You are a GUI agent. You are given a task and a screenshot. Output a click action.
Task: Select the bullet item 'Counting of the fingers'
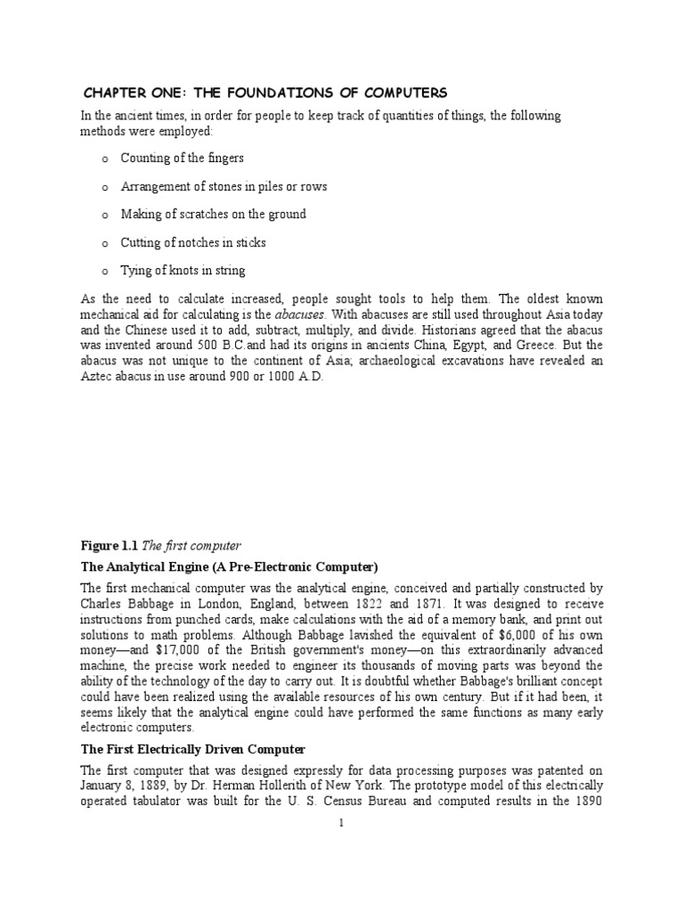click(182, 158)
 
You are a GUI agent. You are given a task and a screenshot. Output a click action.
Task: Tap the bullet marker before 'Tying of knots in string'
click(104, 271)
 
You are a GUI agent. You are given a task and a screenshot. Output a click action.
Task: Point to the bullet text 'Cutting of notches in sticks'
click(193, 242)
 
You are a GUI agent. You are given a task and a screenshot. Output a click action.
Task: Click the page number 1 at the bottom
click(341, 823)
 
